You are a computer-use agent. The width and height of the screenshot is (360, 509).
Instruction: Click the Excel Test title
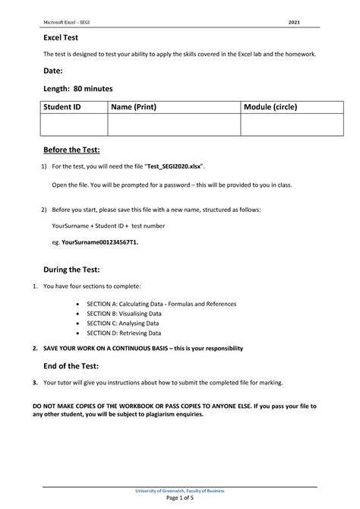pyautogui.click(x=62, y=36)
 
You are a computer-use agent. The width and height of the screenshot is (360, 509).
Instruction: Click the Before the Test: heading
pyautogui.click(x=71, y=150)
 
